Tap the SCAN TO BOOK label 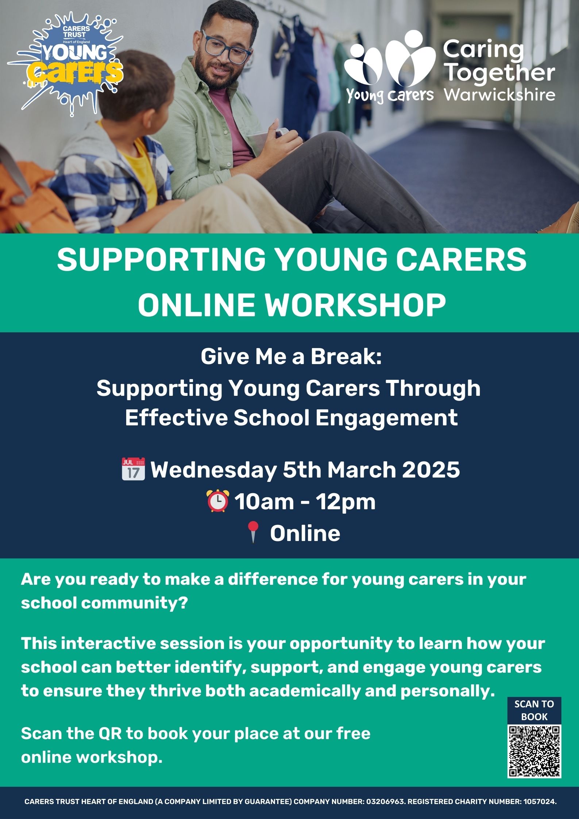[x=534, y=710]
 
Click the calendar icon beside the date [x=133, y=469]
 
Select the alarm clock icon [x=218, y=501]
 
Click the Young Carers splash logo [x=66, y=64]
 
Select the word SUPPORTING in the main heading [x=161, y=259]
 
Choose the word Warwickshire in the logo [x=499, y=94]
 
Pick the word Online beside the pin [x=305, y=533]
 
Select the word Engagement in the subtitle [x=386, y=418]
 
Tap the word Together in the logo [x=501, y=73]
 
